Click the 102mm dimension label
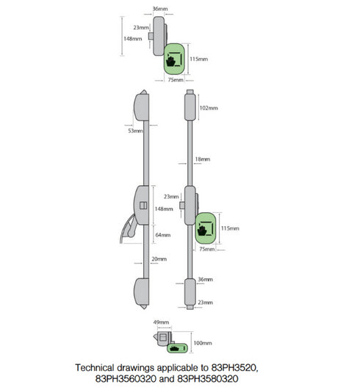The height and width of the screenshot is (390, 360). (209, 108)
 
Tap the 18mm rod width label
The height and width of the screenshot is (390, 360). (203, 159)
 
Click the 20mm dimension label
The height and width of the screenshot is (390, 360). (159, 259)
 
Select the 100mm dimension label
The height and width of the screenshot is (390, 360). (202, 343)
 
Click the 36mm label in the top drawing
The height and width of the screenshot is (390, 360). (159, 10)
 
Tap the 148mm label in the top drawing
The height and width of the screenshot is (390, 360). (133, 38)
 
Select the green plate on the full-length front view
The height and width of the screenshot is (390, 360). (205, 228)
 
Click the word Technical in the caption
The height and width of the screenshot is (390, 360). (100, 365)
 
